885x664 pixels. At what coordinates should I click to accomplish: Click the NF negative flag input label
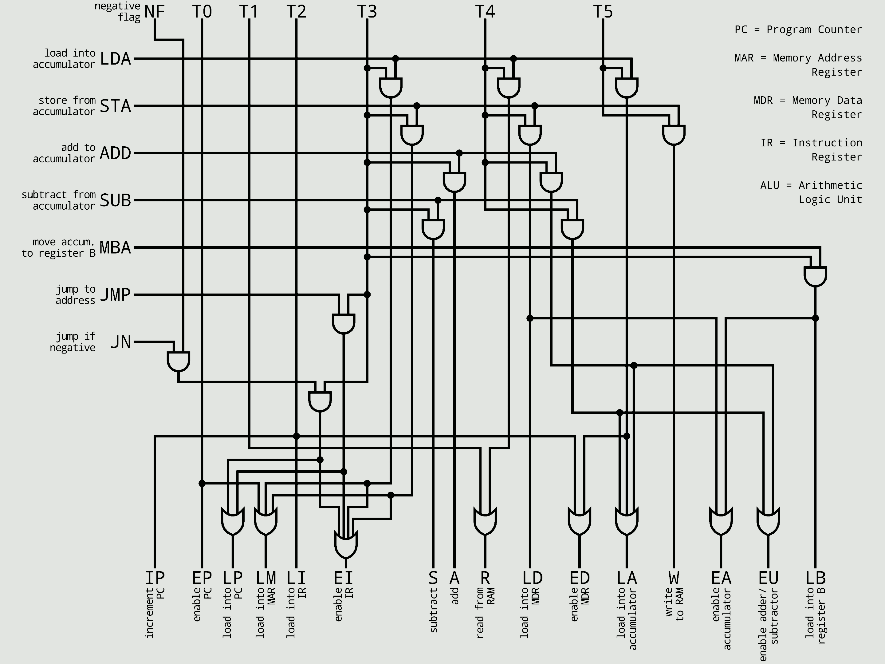click(155, 12)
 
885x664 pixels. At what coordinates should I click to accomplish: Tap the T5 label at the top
click(603, 12)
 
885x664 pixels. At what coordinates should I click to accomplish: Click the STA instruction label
click(115, 106)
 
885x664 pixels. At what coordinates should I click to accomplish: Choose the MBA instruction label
click(115, 248)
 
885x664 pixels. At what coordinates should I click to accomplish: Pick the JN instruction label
click(121, 342)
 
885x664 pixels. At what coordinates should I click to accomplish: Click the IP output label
click(155, 578)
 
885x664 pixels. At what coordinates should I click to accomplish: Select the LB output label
click(815, 578)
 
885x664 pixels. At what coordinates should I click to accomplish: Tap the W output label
click(674, 578)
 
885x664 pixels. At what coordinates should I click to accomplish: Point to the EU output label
click(768, 578)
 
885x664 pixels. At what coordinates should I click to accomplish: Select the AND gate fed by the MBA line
click(815, 276)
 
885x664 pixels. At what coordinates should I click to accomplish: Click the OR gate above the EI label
click(346, 545)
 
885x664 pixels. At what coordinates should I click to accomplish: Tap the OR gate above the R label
click(485, 521)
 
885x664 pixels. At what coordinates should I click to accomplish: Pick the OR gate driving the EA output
click(721, 521)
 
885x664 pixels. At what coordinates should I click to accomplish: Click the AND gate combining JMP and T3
click(344, 323)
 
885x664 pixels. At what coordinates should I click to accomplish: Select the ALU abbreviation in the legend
click(770, 185)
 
